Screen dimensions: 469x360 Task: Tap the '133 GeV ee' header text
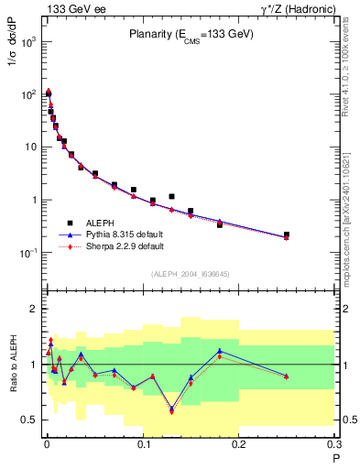71,8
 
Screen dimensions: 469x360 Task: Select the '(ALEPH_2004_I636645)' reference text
190,275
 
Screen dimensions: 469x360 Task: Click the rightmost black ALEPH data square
287,234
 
